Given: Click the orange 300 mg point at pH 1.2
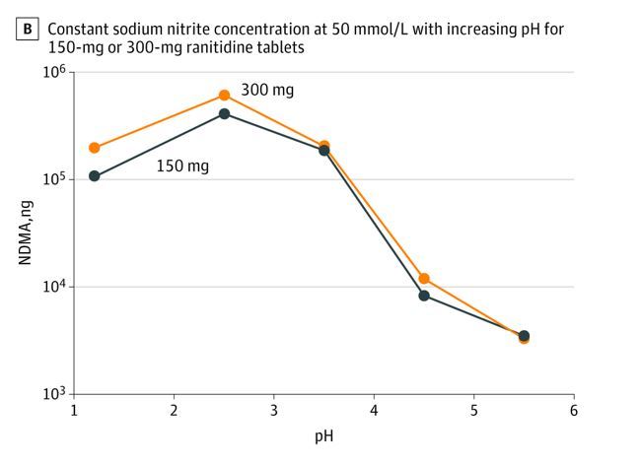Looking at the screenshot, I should tap(95, 148).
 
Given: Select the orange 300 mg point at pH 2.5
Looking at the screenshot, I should tap(224, 96).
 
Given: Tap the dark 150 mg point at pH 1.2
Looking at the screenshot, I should tap(95, 176).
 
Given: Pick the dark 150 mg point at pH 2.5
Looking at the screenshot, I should tap(224, 114).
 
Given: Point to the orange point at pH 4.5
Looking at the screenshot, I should tap(424, 279).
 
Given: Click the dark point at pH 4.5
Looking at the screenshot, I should tap(424, 296).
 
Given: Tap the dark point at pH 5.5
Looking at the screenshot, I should tap(524, 336).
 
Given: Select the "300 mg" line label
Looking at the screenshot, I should tap(267, 91).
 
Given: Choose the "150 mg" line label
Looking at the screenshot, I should tap(182, 166).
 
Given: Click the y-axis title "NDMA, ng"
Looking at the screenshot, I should tap(27, 233).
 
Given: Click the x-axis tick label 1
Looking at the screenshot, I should tap(74, 410).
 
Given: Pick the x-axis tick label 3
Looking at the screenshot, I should tap(273, 410).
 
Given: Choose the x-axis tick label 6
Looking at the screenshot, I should tap(573, 410).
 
